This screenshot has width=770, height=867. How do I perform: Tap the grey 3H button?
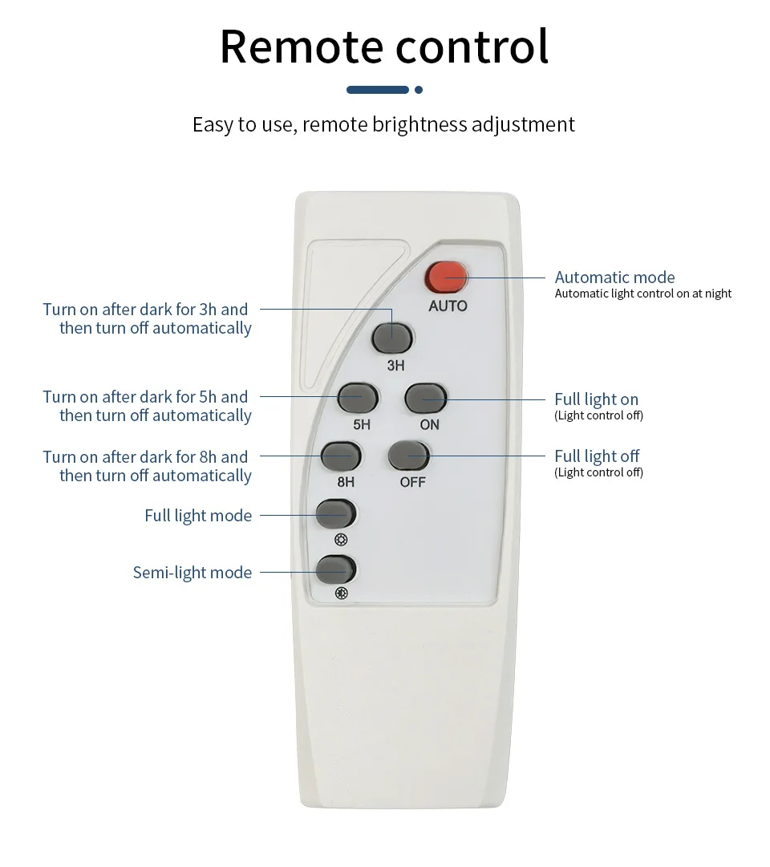coord(392,338)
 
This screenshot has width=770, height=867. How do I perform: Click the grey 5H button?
coord(358,398)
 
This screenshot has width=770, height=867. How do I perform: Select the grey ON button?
coord(426,398)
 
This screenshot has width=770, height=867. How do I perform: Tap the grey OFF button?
coord(409,456)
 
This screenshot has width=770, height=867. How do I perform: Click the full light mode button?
coord(335,513)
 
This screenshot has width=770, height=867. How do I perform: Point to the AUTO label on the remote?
coord(448,306)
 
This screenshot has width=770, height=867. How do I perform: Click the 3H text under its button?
coord(395,366)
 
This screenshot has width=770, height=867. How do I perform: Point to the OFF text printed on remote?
coord(412,482)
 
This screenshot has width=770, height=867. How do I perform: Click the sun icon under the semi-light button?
coord(342,594)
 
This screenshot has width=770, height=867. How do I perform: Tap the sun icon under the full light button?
coord(342,540)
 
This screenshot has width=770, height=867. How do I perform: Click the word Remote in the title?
coord(302,47)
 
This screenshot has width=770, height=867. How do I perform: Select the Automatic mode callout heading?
coord(614,277)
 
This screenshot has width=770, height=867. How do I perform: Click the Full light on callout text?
coord(596,399)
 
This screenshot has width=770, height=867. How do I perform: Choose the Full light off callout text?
coord(597,456)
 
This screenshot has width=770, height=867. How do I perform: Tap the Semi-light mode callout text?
coord(192,573)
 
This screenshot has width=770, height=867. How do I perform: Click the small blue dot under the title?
coord(419,90)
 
